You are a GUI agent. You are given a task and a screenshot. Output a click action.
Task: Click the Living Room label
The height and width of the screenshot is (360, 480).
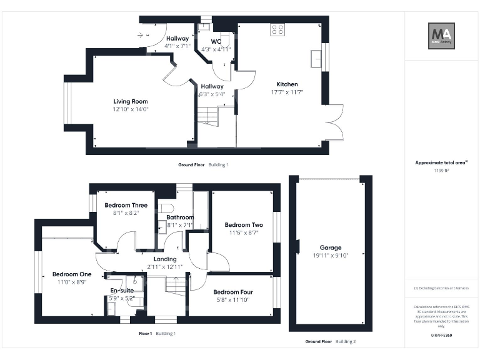(130, 101)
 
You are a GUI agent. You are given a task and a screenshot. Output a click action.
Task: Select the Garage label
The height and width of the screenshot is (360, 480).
(331, 247)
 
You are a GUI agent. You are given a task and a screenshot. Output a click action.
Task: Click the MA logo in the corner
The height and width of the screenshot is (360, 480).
(441, 36)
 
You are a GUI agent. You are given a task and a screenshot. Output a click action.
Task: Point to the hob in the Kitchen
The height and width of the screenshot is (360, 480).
(277, 29)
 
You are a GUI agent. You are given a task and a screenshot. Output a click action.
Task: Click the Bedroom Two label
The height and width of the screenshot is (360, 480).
(244, 225)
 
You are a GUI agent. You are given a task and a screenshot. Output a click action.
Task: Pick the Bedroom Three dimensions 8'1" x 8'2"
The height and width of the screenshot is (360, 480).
(126, 213)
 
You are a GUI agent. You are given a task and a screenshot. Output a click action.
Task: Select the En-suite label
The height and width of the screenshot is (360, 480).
(121, 291)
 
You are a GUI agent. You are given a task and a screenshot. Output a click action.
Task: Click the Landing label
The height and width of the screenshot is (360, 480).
(165, 259)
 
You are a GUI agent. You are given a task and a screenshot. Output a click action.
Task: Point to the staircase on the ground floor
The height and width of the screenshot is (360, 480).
(209, 116)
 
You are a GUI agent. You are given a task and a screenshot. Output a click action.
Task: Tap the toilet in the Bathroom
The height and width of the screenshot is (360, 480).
(166, 209)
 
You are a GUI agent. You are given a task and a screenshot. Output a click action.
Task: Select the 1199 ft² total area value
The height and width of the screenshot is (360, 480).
(442, 170)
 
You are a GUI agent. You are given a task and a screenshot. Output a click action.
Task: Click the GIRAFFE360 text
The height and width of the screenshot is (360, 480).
(441, 336)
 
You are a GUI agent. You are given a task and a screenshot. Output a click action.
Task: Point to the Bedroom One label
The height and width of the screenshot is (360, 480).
(72, 274)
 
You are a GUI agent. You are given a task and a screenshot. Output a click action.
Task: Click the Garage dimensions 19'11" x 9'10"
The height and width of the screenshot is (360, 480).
(331, 255)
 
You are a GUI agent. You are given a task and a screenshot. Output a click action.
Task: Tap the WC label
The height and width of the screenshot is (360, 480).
(216, 42)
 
